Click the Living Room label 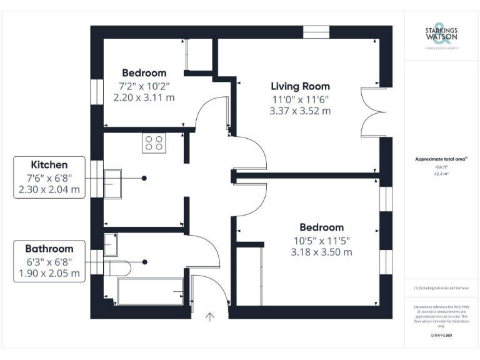pyautogui.click(x=300, y=86)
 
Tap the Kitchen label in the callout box pyautogui.click(x=49, y=165)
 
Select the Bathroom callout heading pyautogui.click(x=49, y=248)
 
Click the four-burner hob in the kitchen pyautogui.click(x=154, y=144)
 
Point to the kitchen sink pyautogui.click(x=113, y=183)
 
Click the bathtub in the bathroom pyautogui.click(x=150, y=291)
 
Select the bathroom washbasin pyautogui.click(x=111, y=241)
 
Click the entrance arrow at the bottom pyautogui.click(x=210, y=317)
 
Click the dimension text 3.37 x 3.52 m pyautogui.click(x=300, y=111)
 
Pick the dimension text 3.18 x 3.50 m pyautogui.click(x=321, y=252)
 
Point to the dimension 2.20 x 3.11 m pyautogui.click(x=144, y=97)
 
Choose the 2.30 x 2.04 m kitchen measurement pyautogui.click(x=49, y=190)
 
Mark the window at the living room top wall pyautogui.click(x=316, y=31)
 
